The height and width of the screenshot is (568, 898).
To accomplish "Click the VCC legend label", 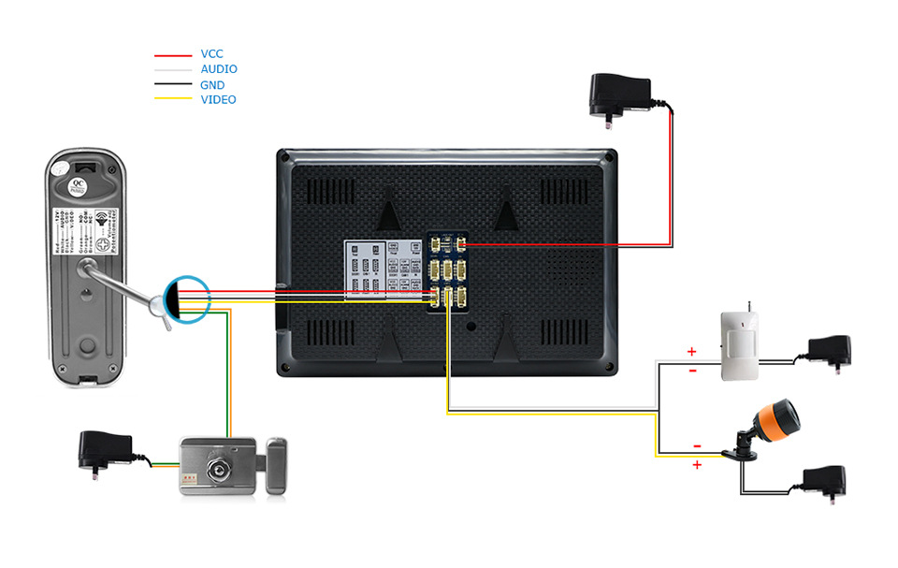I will (211, 54).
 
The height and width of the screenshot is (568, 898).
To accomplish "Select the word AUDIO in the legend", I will (219, 69).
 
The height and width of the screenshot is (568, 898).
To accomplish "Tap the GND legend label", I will (212, 84).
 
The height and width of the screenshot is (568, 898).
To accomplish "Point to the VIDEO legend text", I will (218, 99).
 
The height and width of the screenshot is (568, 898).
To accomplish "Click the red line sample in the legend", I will (172, 55).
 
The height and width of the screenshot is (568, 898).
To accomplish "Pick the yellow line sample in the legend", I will (172, 100).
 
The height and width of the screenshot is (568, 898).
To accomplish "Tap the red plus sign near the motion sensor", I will (692, 352).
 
